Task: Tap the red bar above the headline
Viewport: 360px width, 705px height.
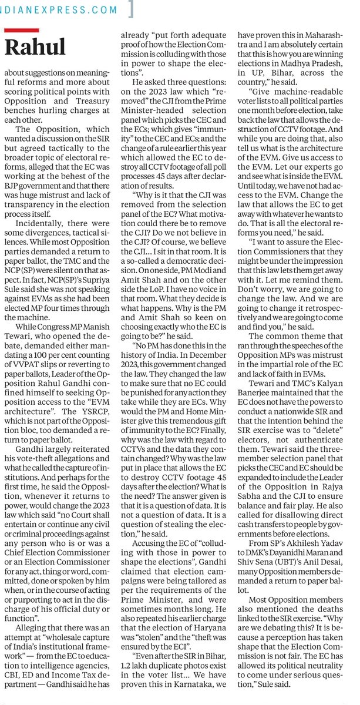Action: click(21, 30)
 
